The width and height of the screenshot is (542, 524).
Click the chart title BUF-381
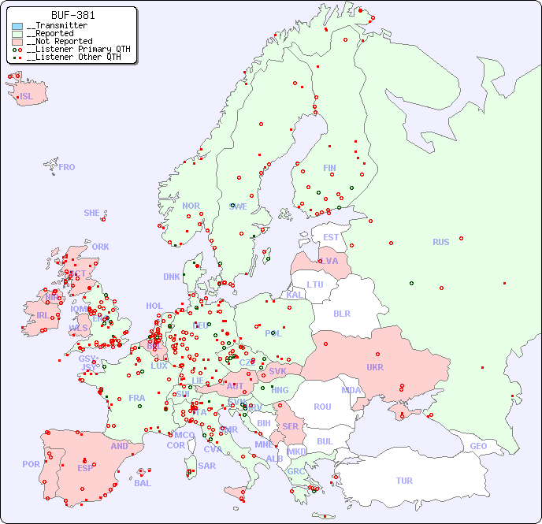click(72, 15)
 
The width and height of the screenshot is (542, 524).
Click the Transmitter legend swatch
click(17, 26)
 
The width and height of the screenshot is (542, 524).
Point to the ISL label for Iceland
click(27, 97)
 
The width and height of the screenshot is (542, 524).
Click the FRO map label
click(67, 167)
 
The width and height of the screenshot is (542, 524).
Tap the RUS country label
click(440, 242)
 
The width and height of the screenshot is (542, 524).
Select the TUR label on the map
click(404, 481)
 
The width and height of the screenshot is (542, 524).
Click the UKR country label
click(375, 367)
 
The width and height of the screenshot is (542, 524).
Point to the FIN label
click(329, 168)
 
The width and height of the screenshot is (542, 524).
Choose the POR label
click(31, 464)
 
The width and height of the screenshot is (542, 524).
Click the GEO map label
click(478, 446)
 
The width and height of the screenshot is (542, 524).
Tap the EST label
click(331, 237)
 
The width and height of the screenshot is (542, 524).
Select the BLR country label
click(342, 313)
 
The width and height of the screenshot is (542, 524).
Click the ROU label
click(322, 407)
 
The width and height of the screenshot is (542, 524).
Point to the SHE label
click(92, 213)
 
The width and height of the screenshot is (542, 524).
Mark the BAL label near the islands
click(143, 483)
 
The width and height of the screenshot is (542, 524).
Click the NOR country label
click(191, 206)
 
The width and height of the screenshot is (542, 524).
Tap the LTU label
click(315, 284)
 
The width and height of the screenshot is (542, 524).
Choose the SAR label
click(207, 466)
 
